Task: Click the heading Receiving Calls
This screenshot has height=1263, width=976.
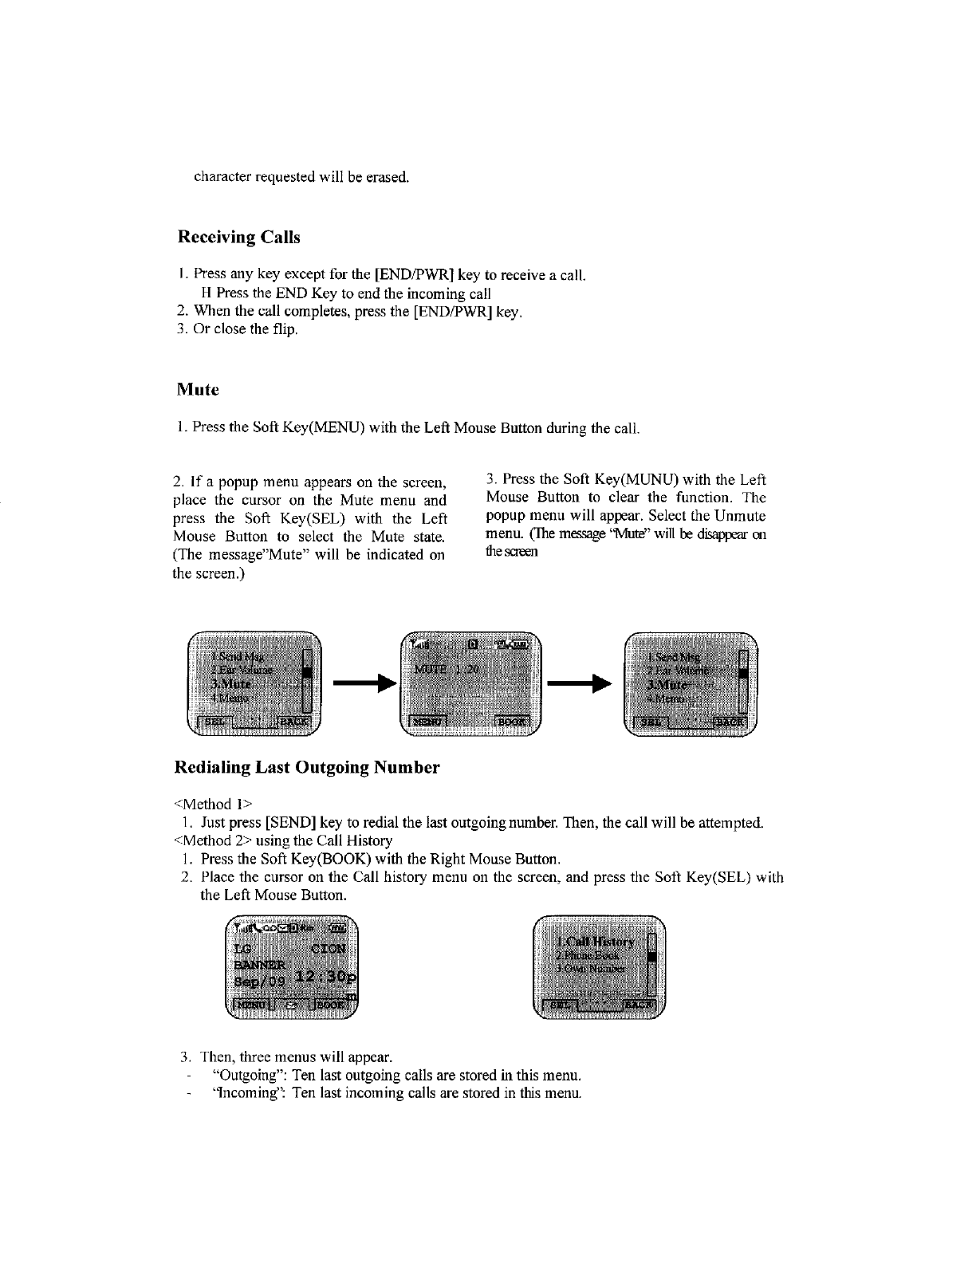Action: tap(238, 238)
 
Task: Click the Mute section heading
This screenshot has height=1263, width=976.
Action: tap(197, 390)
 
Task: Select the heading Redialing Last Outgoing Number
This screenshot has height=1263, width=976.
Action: tap(307, 768)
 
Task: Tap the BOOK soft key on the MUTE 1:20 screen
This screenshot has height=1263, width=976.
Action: tap(513, 722)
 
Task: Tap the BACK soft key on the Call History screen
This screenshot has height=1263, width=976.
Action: tap(640, 1005)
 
